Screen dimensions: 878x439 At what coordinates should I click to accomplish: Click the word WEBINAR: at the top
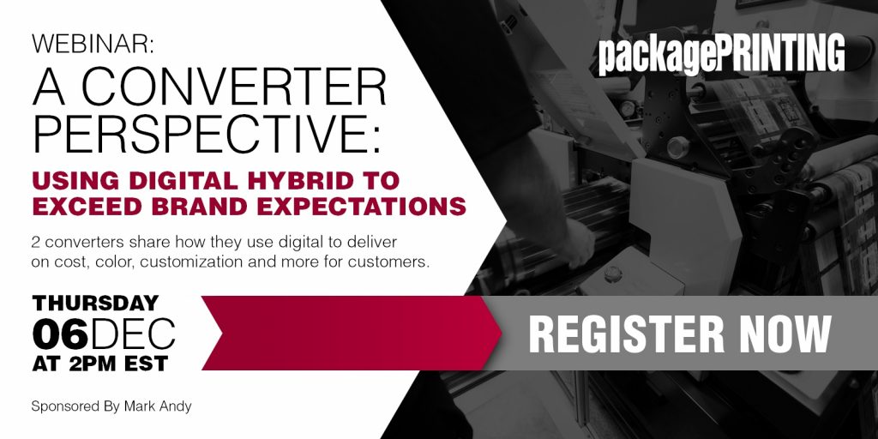[93, 45]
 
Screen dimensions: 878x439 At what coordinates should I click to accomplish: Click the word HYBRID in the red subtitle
[295, 182]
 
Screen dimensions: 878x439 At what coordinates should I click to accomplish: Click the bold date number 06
[61, 335]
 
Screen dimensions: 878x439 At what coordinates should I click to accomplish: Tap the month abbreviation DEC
[133, 335]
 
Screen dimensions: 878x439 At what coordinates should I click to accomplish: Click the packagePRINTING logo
[721, 54]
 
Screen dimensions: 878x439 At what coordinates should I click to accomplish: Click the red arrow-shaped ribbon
[352, 334]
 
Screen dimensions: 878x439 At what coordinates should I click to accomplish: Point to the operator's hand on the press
[577, 241]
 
